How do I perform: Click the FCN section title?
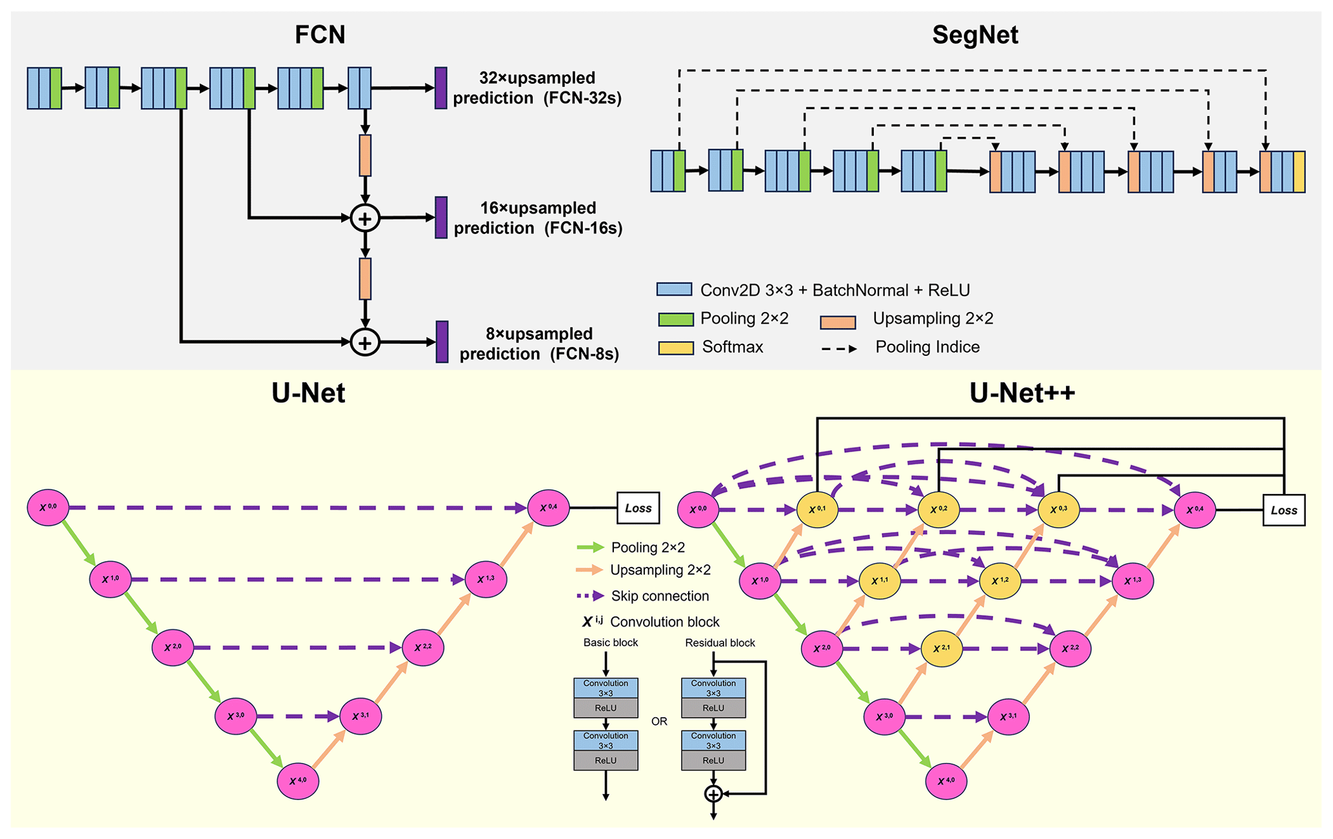point(320,35)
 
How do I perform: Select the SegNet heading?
point(974,35)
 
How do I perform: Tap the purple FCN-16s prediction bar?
point(441,217)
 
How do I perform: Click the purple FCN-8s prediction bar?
point(442,342)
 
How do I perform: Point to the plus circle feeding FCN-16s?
point(365,219)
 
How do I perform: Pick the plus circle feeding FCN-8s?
point(365,342)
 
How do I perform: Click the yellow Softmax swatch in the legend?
point(675,348)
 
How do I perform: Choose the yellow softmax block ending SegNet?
point(1299,172)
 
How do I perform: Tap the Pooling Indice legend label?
point(927,347)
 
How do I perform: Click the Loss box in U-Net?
point(638,508)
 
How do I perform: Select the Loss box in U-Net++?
point(1283,510)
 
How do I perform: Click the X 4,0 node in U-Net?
point(298,780)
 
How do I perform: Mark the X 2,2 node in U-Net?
point(423,647)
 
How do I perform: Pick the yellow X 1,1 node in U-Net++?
point(880,580)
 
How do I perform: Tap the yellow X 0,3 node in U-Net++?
point(1058,509)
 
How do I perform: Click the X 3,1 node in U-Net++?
point(1008,716)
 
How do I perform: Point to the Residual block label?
point(720,643)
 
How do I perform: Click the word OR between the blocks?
point(659,722)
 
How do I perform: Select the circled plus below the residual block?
point(713,794)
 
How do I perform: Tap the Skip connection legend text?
point(660,596)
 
